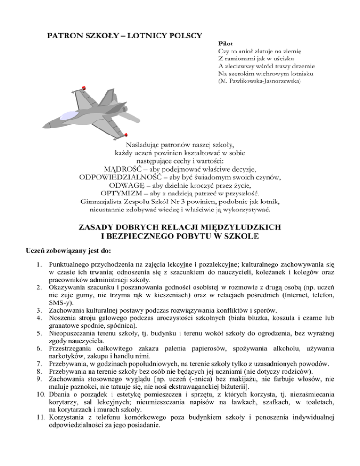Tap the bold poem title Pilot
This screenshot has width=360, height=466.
226,43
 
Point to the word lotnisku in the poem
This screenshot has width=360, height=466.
300,74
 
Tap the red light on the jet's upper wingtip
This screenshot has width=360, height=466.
83,88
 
